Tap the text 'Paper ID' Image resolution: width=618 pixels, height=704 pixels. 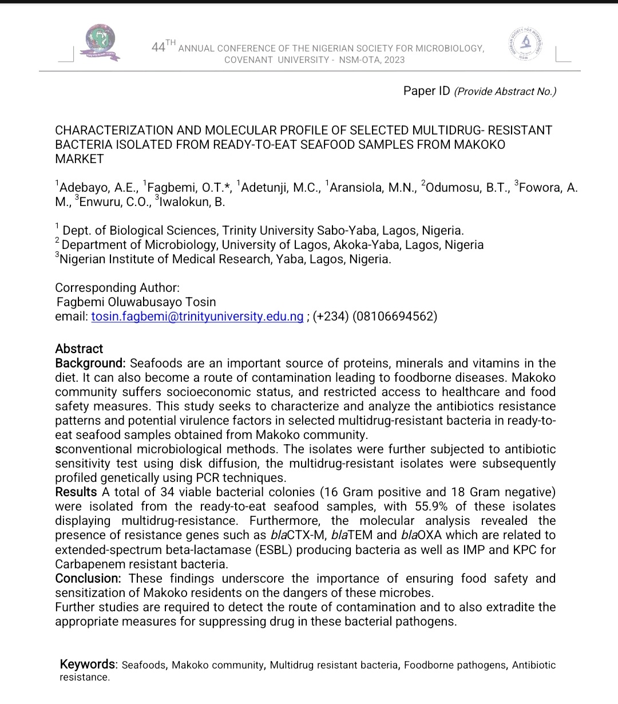(x=426, y=91)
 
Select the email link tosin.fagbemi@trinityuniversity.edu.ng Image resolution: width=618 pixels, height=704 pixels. (x=197, y=317)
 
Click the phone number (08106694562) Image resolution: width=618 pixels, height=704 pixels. (x=395, y=317)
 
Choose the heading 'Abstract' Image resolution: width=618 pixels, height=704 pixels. (x=79, y=349)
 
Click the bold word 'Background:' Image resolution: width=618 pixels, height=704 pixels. (x=90, y=363)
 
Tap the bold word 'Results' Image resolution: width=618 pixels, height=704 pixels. (x=76, y=492)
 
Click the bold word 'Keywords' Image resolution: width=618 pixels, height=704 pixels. (x=88, y=665)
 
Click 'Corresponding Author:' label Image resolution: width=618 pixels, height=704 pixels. (x=117, y=287)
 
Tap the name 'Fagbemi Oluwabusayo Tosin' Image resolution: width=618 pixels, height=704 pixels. (x=136, y=302)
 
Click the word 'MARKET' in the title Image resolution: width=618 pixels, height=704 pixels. (x=79, y=159)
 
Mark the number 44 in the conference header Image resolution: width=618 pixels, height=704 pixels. (x=158, y=48)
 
